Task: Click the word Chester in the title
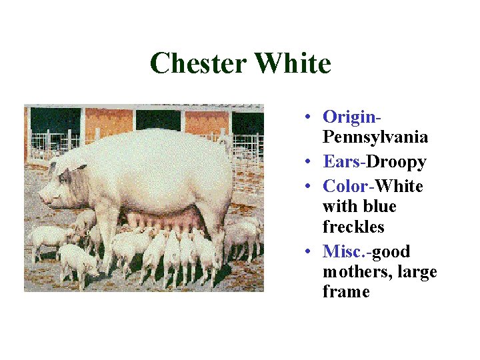(x=198, y=64)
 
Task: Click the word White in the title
(x=293, y=64)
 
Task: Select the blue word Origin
(x=349, y=117)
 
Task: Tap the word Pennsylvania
(x=375, y=137)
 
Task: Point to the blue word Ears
(x=342, y=162)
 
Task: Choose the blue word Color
(x=346, y=186)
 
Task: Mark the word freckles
(x=353, y=227)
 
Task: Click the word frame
(x=346, y=292)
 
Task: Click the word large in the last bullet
(x=417, y=272)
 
